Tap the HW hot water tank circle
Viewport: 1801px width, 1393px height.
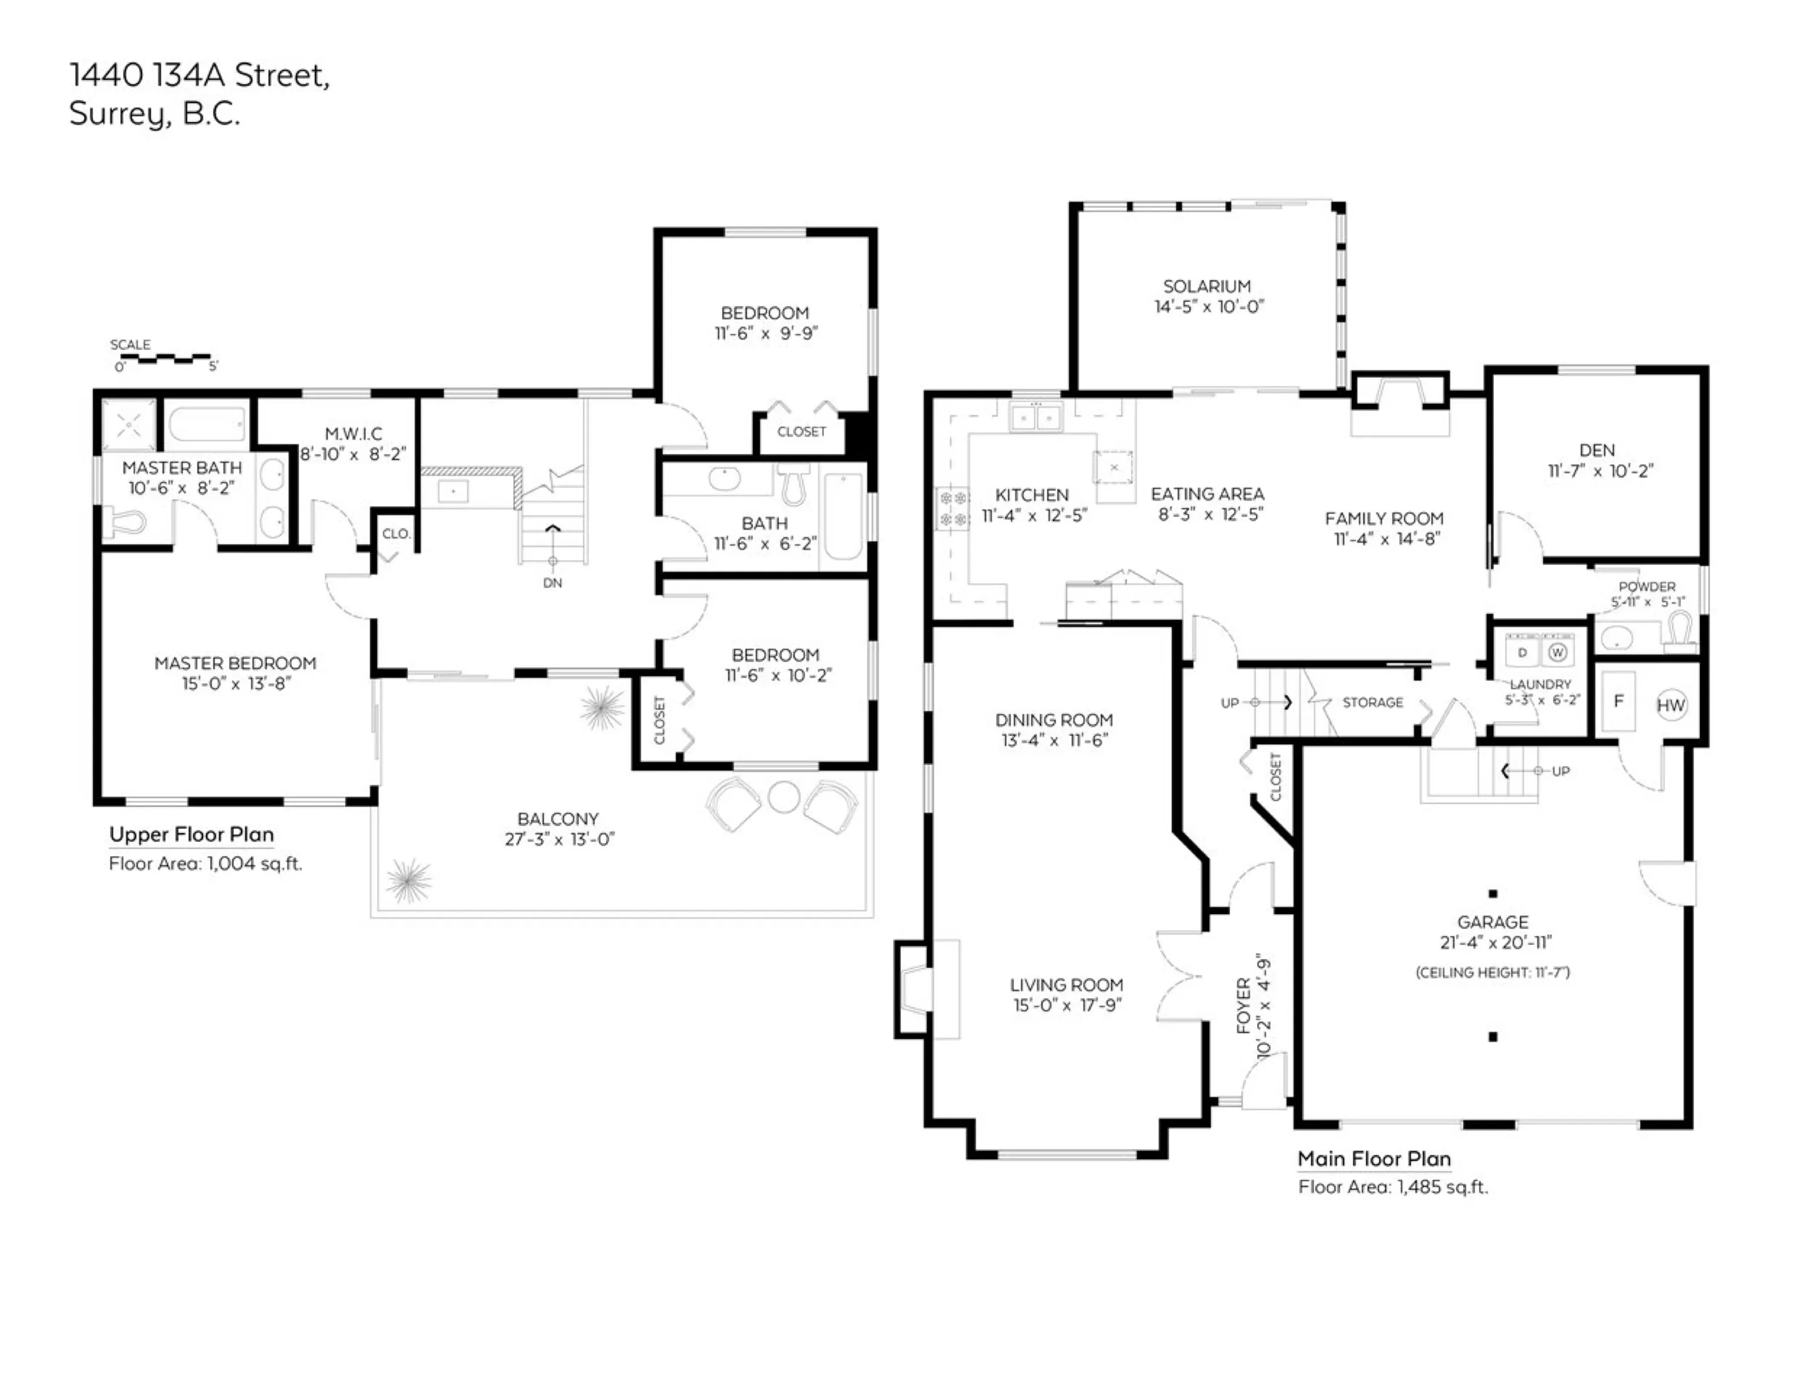pyautogui.click(x=1670, y=705)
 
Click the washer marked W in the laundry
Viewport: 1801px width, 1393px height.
pyautogui.click(x=1557, y=652)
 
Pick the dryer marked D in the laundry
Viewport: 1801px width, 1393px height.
pyautogui.click(x=1522, y=652)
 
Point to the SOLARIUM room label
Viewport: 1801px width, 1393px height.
pyautogui.click(x=1208, y=286)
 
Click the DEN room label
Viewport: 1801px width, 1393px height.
pyautogui.click(x=1597, y=450)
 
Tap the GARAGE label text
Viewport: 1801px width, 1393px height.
pyautogui.click(x=1493, y=922)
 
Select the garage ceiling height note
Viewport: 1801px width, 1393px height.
pyautogui.click(x=1493, y=972)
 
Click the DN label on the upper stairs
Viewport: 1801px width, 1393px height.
pyautogui.click(x=552, y=582)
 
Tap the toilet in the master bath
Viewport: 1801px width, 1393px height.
pyautogui.click(x=125, y=521)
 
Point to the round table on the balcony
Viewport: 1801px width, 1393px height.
pyautogui.click(x=783, y=797)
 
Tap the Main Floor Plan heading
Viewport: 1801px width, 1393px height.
pyautogui.click(x=1374, y=1159)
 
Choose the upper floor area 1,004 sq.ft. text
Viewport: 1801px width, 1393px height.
pyautogui.click(x=205, y=863)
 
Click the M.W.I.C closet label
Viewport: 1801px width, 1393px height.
pyautogui.click(x=354, y=434)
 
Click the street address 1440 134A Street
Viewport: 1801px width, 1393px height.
pyautogui.click(x=199, y=75)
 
